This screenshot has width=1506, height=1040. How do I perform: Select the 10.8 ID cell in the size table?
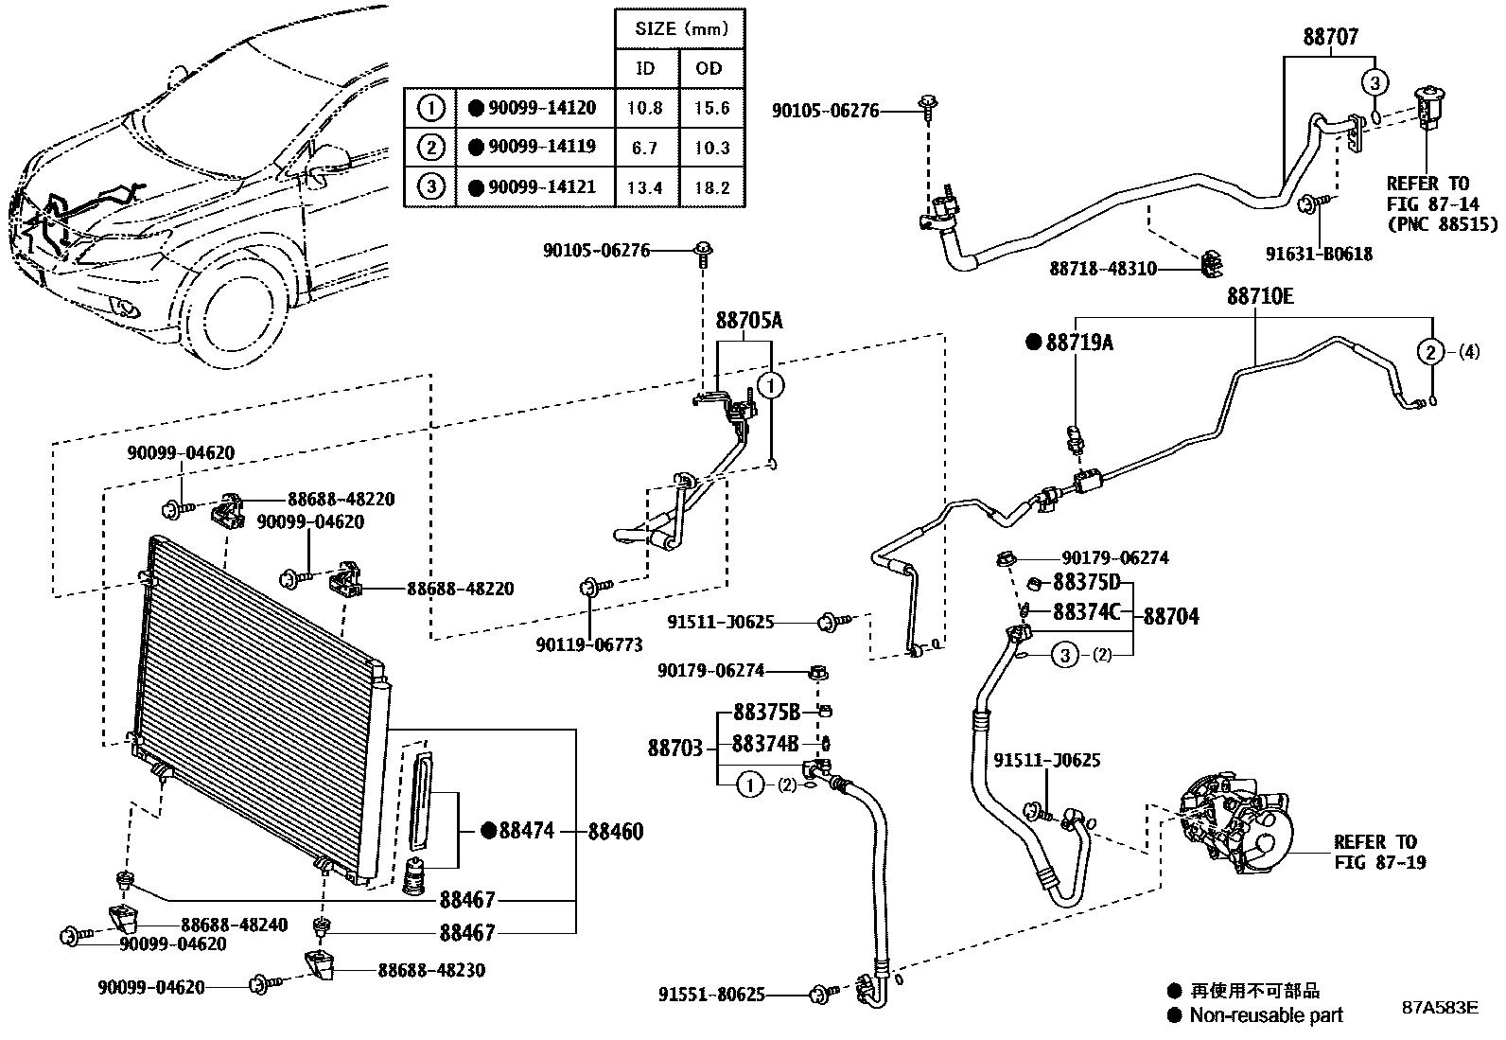(645, 109)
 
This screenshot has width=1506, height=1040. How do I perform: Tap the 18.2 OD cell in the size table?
(711, 187)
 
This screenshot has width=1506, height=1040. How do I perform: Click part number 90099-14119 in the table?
(542, 148)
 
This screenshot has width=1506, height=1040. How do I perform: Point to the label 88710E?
(1259, 297)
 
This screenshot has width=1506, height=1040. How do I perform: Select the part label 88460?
(615, 832)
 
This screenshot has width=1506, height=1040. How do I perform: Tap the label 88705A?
(749, 322)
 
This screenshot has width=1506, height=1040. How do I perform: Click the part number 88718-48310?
(1102, 269)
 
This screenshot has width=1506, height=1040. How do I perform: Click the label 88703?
(675, 749)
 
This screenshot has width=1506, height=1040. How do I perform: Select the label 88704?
(1170, 617)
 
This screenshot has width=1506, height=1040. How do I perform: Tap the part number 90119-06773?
(588, 645)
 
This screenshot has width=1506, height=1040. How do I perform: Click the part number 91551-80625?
(711, 996)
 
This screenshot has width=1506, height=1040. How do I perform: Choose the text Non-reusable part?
(1266, 1015)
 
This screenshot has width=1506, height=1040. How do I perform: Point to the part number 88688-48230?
(431, 971)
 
